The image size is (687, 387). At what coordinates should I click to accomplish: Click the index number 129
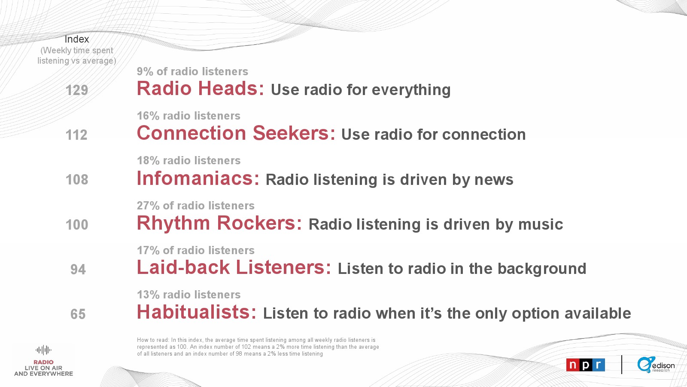pos(77,90)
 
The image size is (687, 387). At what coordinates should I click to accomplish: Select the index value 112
pos(76,135)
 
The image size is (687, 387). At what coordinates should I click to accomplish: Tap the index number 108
pos(77,180)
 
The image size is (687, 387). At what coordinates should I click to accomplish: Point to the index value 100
pos(77,224)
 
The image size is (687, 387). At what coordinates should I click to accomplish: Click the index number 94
pos(78,269)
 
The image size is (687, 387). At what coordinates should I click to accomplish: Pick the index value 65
pos(78,314)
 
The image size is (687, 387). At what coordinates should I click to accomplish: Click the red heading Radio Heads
pos(200,88)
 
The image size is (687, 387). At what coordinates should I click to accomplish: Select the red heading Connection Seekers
pos(236,133)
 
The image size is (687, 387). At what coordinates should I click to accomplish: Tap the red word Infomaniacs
pos(198,178)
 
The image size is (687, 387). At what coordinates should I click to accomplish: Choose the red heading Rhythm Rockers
pos(219,223)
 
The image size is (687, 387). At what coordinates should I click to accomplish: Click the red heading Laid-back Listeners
pos(234,267)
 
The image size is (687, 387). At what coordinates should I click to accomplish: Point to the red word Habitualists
pos(196,312)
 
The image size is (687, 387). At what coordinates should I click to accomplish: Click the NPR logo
pos(586,365)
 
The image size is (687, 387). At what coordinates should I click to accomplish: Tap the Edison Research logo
pos(656,365)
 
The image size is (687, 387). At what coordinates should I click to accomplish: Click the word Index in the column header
pos(77,39)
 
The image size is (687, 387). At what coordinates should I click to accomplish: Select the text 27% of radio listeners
pos(196,206)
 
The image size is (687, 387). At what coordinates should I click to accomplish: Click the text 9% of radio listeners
pos(192,71)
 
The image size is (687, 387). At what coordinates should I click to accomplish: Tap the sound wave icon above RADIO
pos(43,350)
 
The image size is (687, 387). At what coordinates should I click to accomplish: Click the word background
pos(542,269)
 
